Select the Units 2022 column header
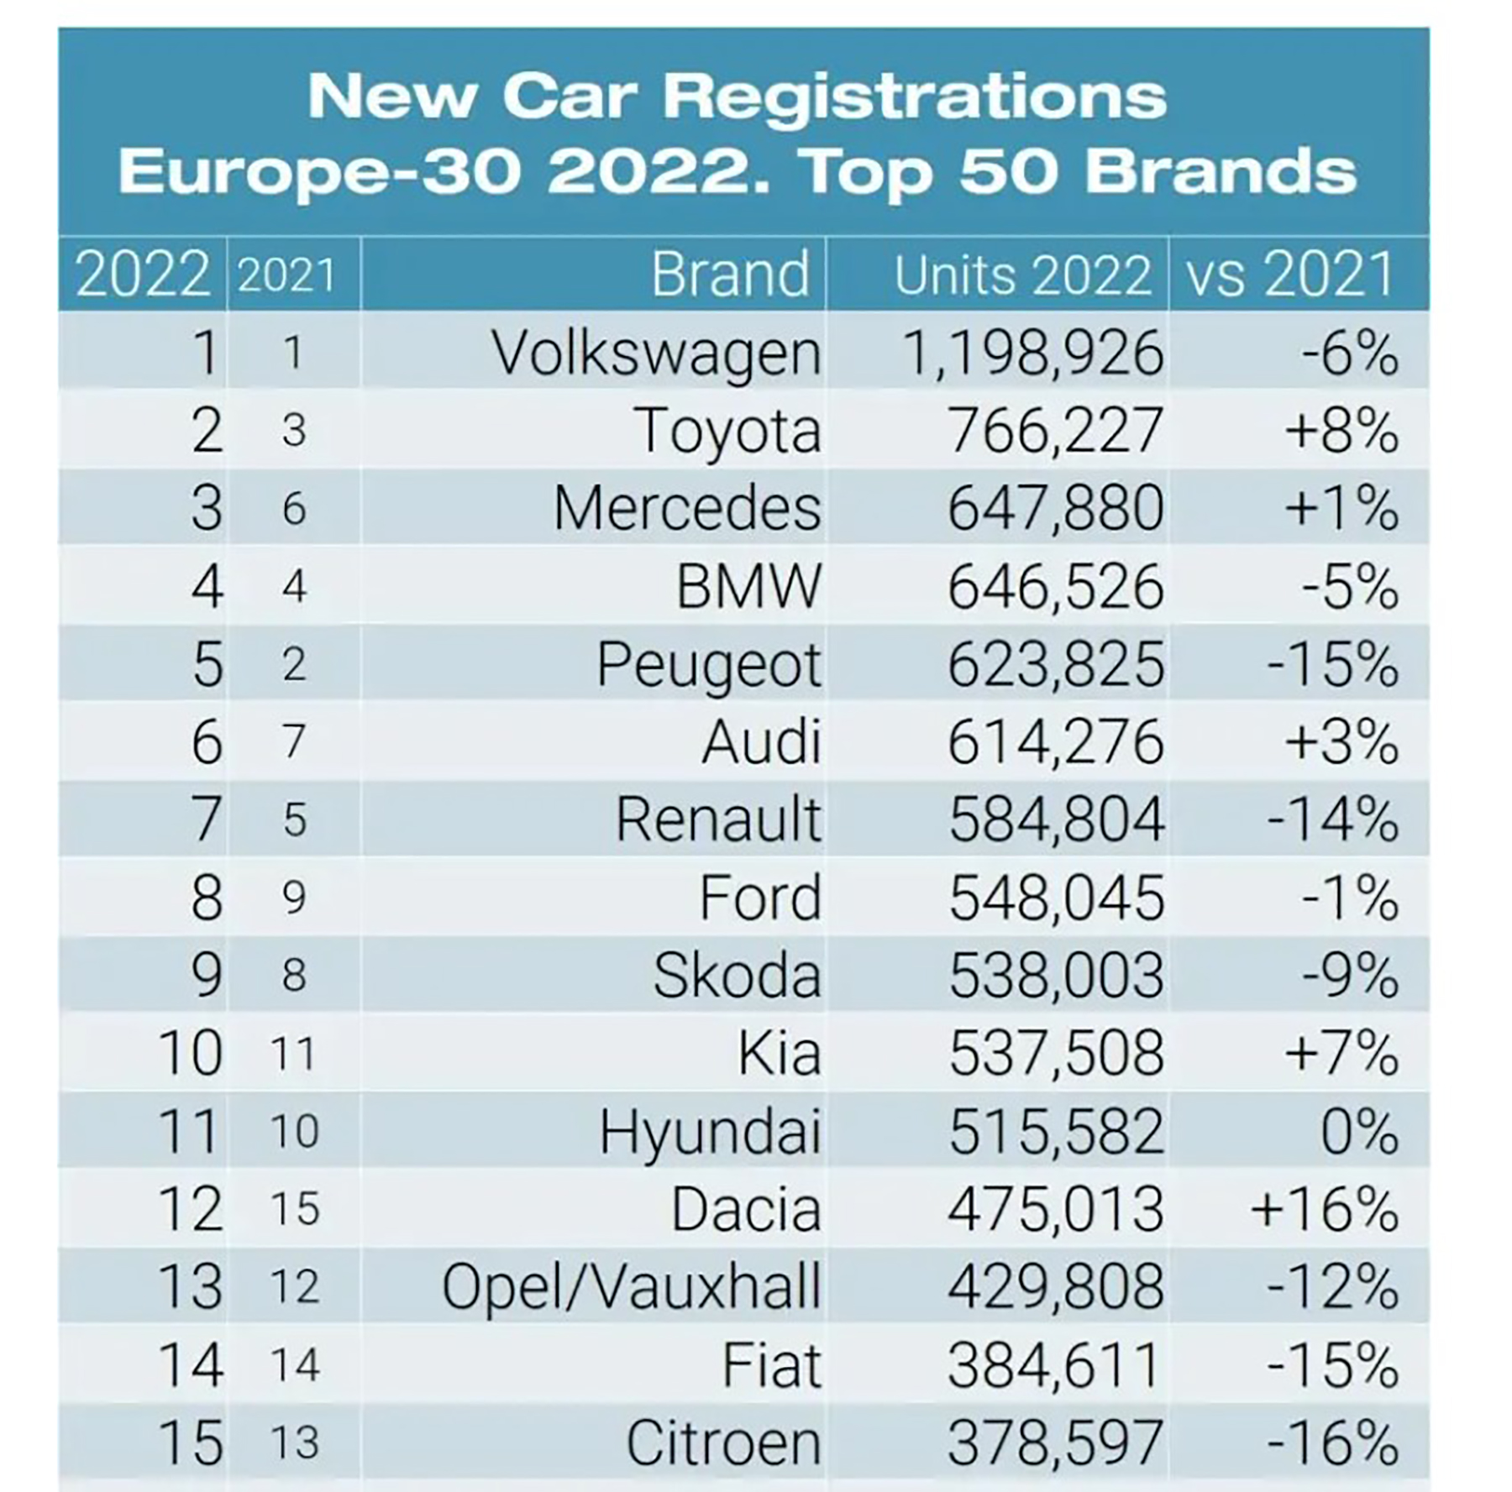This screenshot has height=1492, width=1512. tap(1021, 275)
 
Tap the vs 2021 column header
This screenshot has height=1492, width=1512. tap(1290, 275)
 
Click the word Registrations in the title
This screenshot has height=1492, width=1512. tap(915, 96)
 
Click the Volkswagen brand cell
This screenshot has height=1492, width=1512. tap(656, 353)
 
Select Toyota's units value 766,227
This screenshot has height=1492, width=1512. tap(1055, 431)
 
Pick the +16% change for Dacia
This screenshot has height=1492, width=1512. tap(1324, 1209)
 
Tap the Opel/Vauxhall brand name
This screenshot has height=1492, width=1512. tap(631, 1287)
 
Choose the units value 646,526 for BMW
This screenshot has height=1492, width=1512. tap(1055, 587)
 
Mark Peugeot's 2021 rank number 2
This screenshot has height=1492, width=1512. tap(294, 665)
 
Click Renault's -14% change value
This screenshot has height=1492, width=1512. tap(1332, 820)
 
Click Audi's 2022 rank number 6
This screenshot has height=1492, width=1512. tap(207, 743)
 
